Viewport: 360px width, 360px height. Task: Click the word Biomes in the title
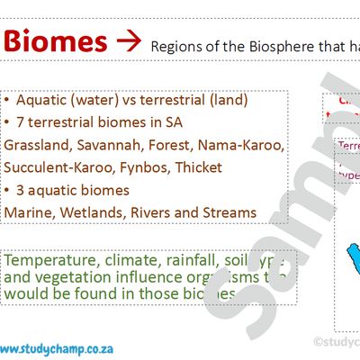(x=53, y=41)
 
